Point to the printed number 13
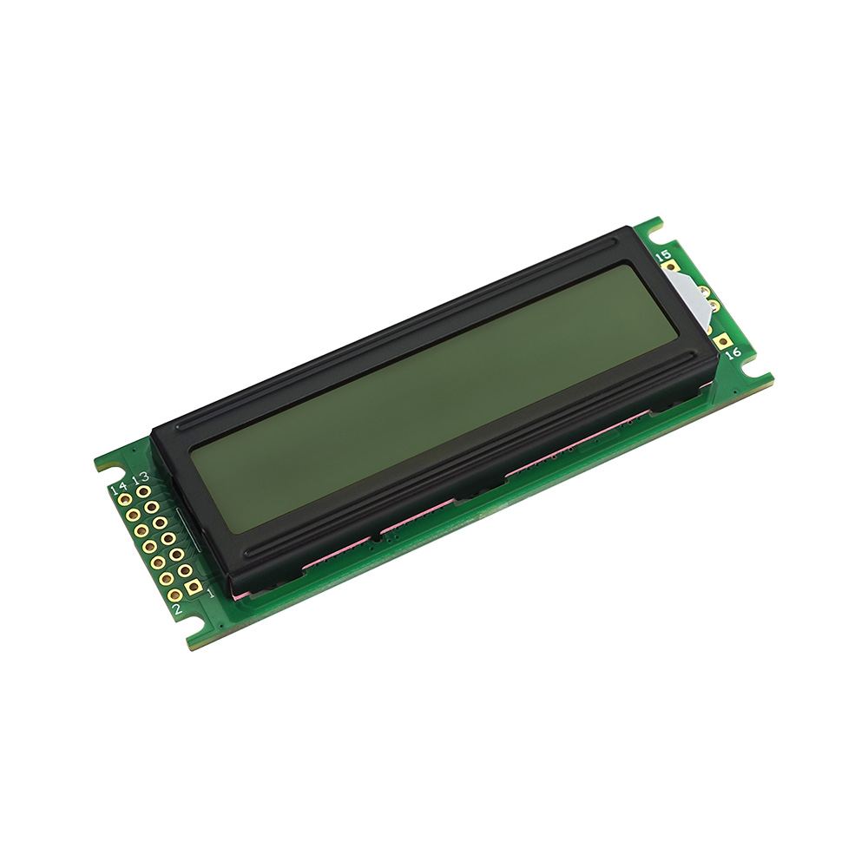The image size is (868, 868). coord(141,477)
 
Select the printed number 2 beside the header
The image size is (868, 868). coord(177,609)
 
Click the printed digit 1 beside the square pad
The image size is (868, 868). coord(210,594)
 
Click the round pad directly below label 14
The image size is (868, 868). coord(124,501)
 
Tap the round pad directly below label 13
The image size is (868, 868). coord(143,490)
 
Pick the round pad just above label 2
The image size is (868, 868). coord(174,595)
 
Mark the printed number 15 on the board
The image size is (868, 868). coord(662,255)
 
